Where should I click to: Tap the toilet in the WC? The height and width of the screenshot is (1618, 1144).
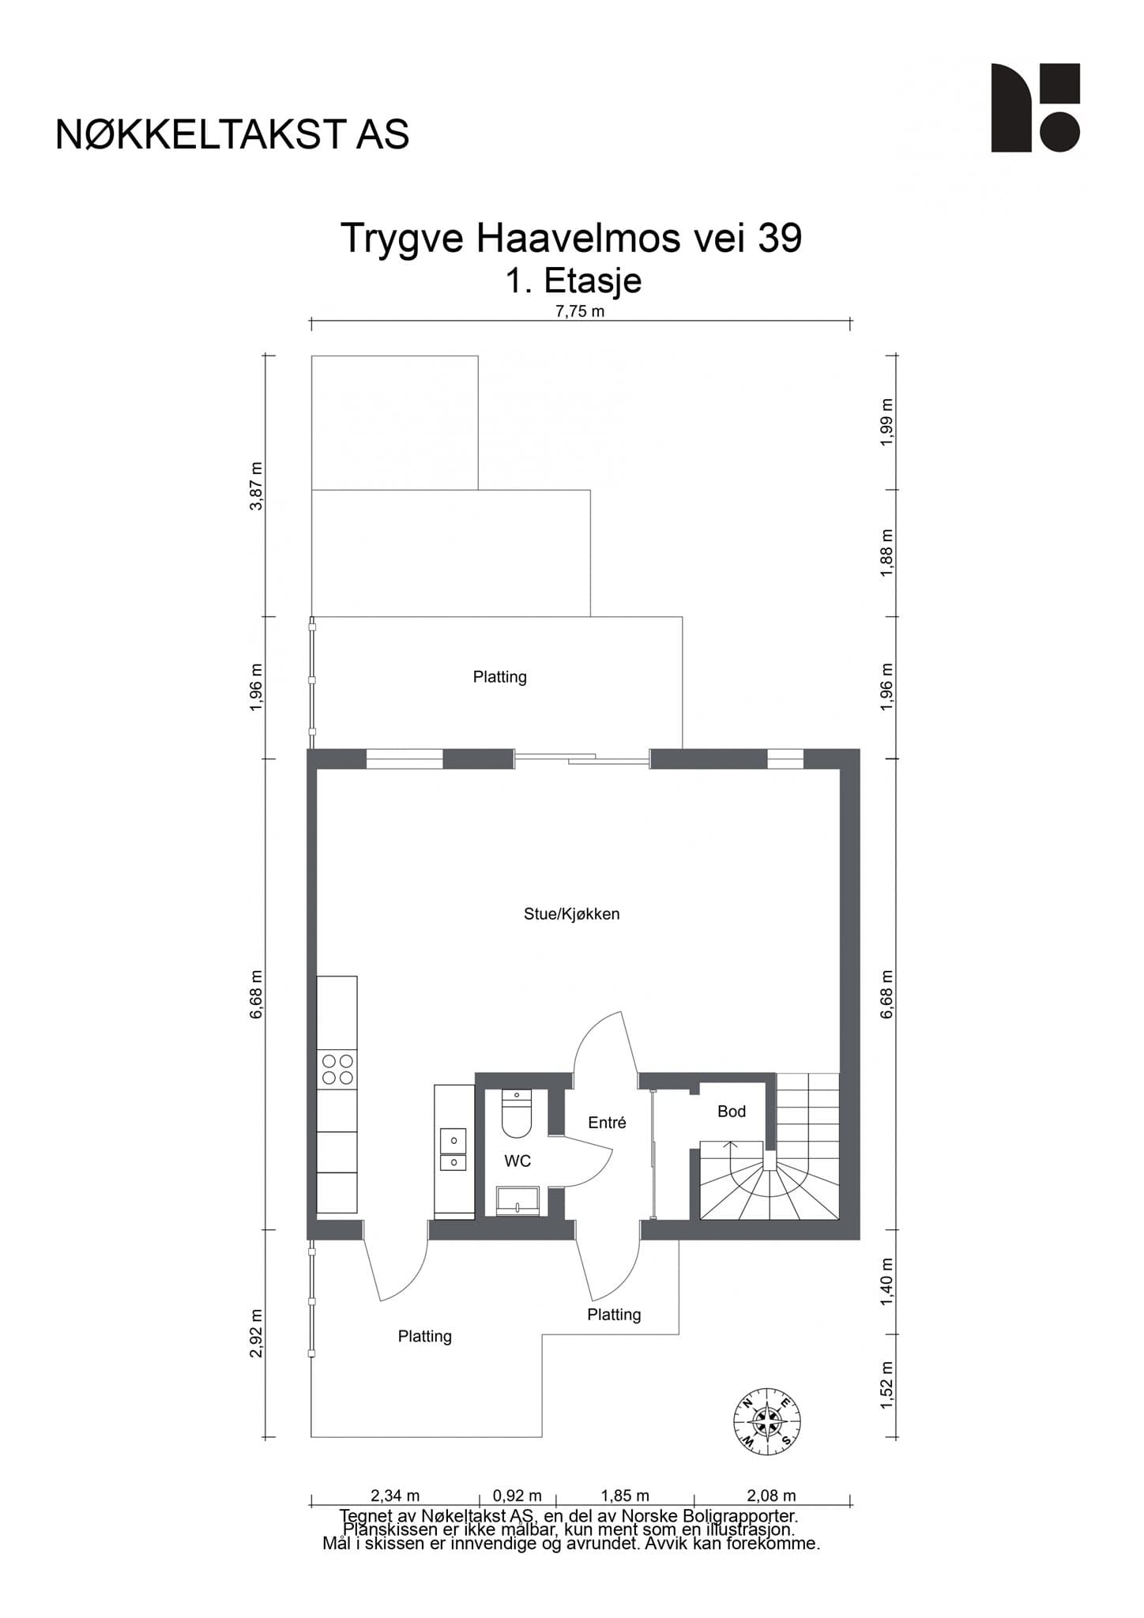[517, 1115]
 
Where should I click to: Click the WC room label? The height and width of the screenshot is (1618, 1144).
[517, 1161]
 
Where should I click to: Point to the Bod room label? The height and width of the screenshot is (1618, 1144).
[731, 1112]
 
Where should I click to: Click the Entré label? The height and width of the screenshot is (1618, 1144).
[607, 1123]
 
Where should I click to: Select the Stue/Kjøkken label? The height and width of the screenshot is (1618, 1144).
[571, 914]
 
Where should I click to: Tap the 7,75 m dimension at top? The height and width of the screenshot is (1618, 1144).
[580, 311]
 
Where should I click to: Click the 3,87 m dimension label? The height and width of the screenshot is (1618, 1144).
[256, 486]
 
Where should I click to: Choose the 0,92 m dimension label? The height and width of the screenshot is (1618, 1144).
[517, 1496]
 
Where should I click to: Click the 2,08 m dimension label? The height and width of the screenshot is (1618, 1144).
[771, 1496]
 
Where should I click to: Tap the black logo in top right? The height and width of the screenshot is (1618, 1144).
[1035, 107]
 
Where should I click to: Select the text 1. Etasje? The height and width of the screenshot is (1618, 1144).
[573, 280]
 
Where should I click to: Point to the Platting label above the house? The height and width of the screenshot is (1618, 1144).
[499, 677]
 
